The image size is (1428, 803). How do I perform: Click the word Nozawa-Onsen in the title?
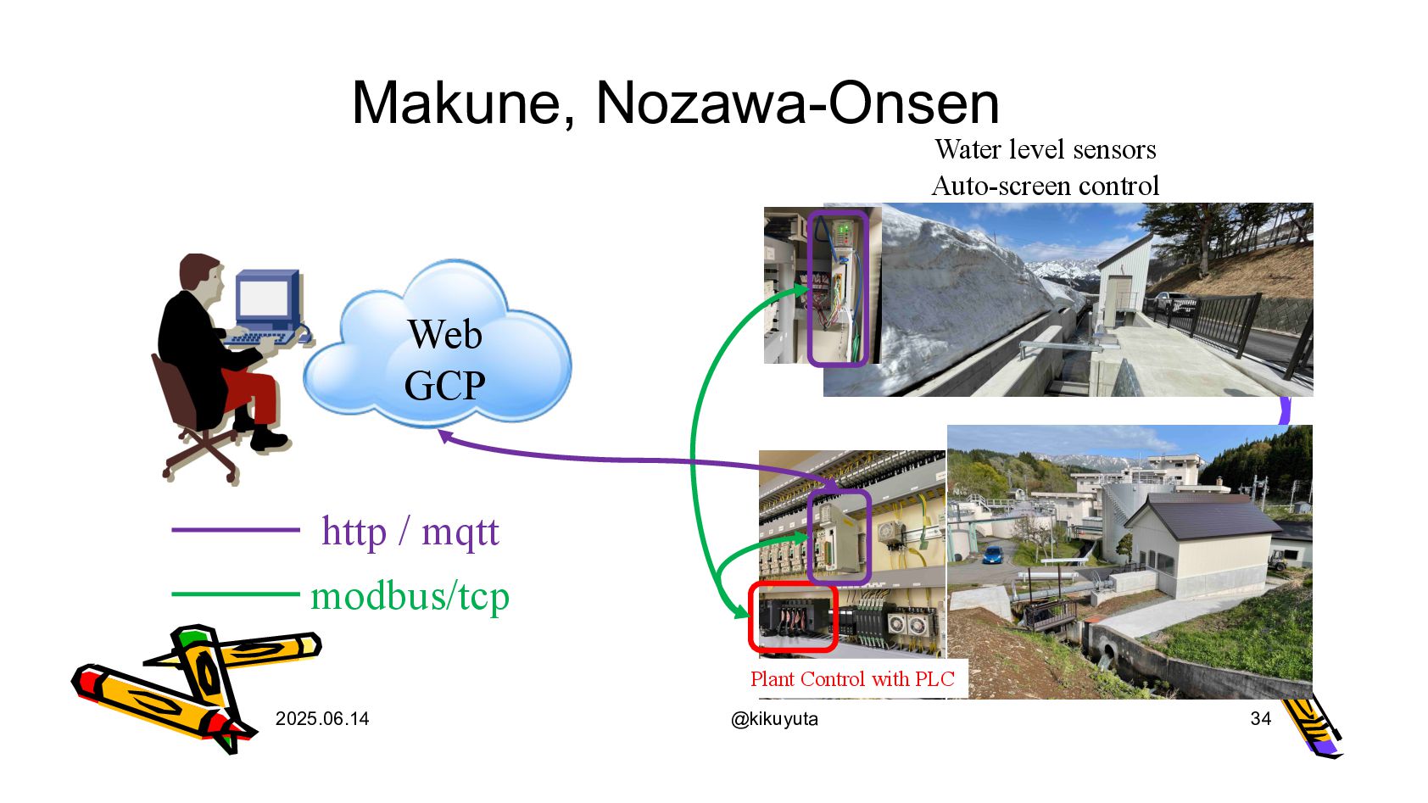pos(797,103)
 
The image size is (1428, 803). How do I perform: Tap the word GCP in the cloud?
pos(444,386)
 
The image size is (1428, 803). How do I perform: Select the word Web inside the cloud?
pos(444,334)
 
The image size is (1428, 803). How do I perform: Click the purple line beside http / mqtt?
pos(236,530)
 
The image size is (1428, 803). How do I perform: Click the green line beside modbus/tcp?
pos(236,594)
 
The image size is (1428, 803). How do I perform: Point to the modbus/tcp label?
pos(410,596)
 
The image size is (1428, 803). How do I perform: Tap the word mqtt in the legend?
pos(460,533)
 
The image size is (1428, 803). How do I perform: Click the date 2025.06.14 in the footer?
pos(322,719)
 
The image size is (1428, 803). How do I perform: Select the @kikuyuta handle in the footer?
pos(774,719)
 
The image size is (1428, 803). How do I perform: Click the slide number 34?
pos(1260,719)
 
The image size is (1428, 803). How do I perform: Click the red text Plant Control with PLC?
pos(852,679)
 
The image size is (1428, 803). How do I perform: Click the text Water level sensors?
pos(1046,150)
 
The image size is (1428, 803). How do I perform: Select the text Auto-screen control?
pos(1046,186)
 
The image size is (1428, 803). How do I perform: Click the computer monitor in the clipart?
pos(265,298)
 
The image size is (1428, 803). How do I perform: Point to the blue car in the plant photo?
pos(993,555)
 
